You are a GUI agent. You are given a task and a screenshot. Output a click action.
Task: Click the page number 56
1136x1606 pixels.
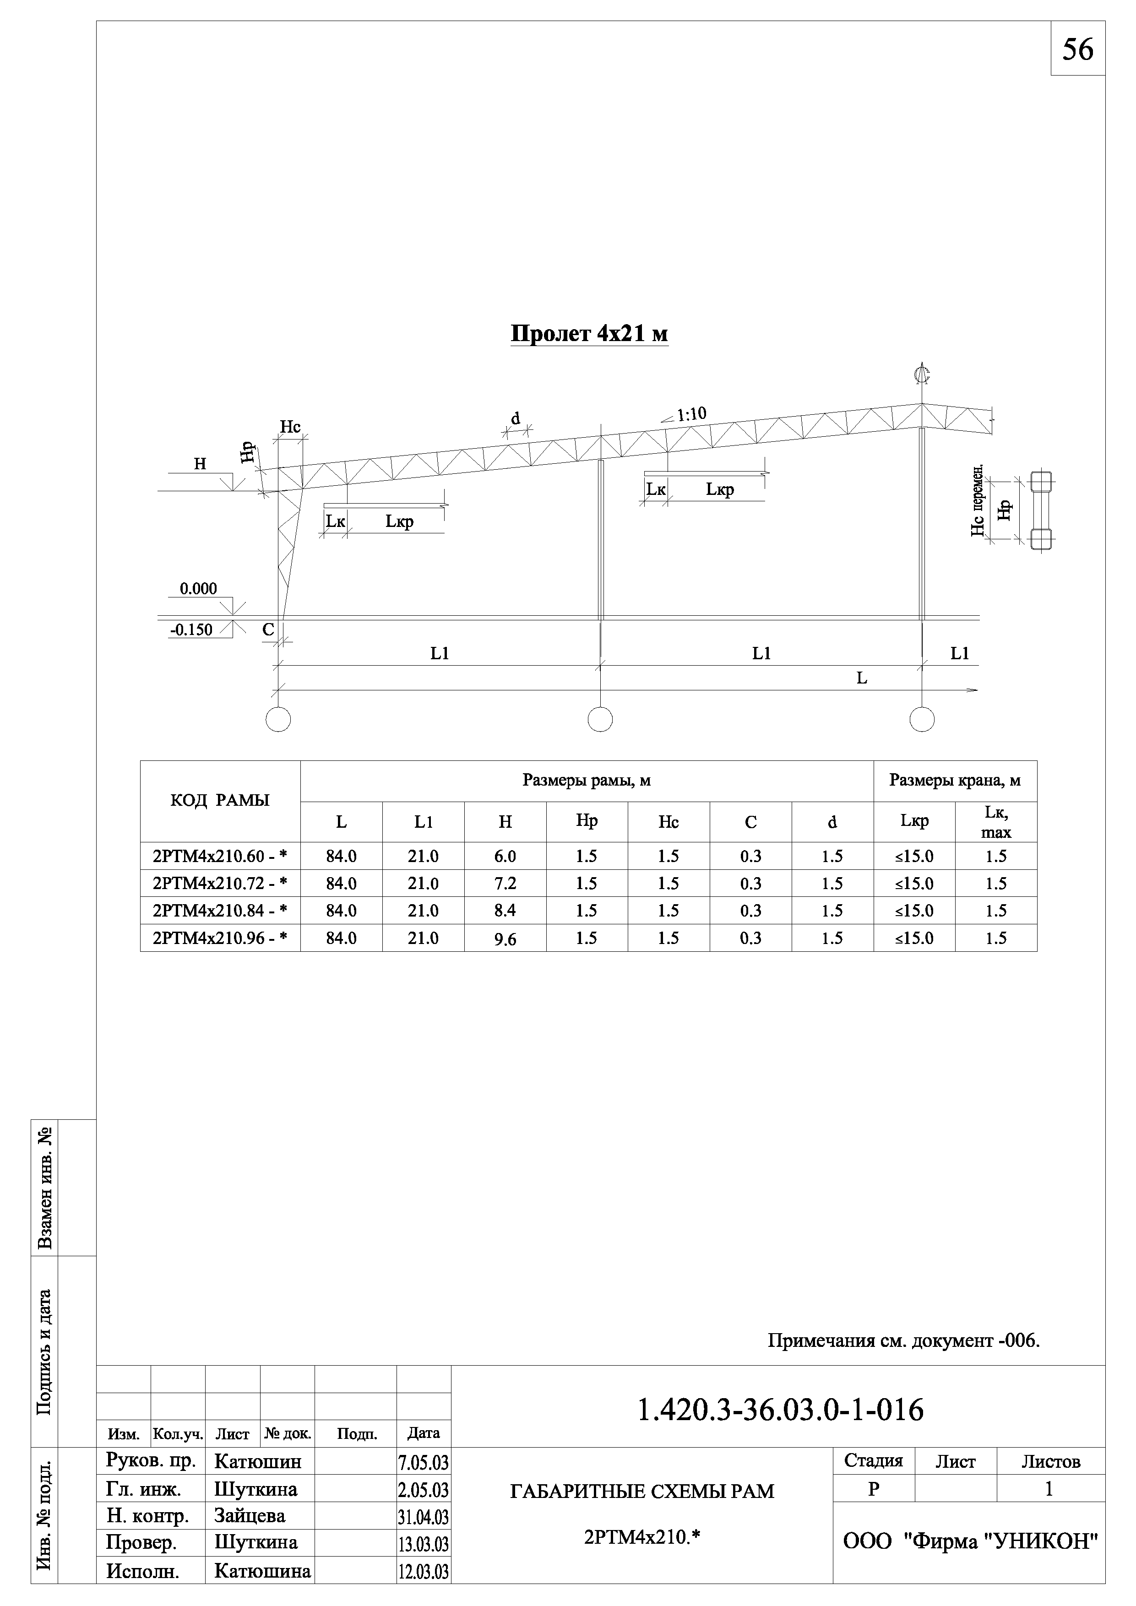tap(1077, 49)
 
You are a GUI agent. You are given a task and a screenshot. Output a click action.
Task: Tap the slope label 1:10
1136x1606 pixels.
tap(691, 414)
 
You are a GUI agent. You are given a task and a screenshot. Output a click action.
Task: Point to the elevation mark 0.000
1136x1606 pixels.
tap(199, 589)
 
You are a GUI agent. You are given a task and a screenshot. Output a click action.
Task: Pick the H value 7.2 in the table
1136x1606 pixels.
tap(505, 884)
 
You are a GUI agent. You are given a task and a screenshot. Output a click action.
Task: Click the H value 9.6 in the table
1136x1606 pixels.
tap(505, 939)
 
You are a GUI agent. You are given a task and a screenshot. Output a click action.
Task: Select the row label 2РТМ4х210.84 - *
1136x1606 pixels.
tap(220, 911)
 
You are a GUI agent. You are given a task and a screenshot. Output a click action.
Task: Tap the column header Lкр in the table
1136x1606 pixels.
tap(914, 821)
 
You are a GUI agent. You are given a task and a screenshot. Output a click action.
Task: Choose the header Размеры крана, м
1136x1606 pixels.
tap(955, 780)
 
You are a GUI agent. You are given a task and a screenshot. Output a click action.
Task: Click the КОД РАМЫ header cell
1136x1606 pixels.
tap(220, 801)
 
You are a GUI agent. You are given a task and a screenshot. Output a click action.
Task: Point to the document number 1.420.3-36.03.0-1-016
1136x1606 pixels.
tap(781, 1410)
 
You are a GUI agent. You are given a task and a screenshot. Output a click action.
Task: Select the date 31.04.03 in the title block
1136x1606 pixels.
tap(423, 1517)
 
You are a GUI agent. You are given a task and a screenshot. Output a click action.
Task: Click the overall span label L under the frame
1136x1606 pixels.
tap(862, 678)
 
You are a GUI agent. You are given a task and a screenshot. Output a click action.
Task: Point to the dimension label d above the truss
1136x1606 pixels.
tap(516, 419)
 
